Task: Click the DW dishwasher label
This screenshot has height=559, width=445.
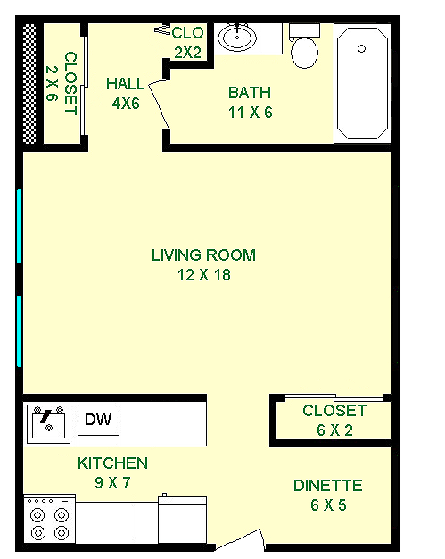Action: (x=98, y=420)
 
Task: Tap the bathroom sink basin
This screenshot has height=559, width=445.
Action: (x=237, y=38)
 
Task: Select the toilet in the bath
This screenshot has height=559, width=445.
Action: (x=304, y=46)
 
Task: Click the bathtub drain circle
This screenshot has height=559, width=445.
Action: (x=362, y=48)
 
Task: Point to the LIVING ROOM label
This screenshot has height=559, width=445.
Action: (x=203, y=255)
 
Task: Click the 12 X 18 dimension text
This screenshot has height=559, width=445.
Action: (x=204, y=275)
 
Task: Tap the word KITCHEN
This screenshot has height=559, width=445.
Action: (x=112, y=463)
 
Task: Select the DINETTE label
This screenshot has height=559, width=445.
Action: (x=328, y=486)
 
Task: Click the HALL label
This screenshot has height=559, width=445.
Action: (x=126, y=84)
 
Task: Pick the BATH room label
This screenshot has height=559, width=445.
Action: (x=250, y=93)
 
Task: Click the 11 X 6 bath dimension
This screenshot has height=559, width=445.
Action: (x=251, y=113)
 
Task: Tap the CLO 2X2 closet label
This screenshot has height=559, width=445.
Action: (x=187, y=43)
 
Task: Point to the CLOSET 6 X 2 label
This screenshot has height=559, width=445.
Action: (x=334, y=421)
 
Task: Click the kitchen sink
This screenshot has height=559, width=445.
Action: (x=48, y=423)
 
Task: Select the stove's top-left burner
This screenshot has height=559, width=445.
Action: (x=38, y=514)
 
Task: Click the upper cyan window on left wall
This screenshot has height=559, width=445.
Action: (x=20, y=227)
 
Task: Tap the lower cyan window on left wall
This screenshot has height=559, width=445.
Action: (x=20, y=331)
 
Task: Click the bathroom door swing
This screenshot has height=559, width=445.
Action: (x=159, y=104)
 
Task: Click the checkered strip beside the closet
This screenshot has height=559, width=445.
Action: (x=29, y=84)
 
